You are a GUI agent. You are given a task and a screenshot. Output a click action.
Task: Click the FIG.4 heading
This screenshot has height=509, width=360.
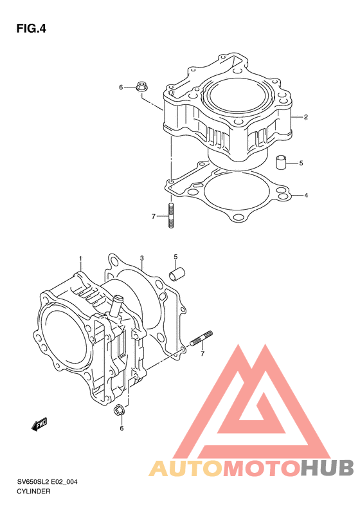pyautogui.click(x=31, y=29)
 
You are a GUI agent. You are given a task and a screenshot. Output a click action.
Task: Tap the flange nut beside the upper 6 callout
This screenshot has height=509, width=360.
pyautogui.click(x=141, y=86)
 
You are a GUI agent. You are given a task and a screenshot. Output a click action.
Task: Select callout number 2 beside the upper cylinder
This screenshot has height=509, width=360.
pyautogui.click(x=305, y=117)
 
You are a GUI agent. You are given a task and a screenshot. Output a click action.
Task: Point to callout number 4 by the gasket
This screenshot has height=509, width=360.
pyautogui.click(x=306, y=196)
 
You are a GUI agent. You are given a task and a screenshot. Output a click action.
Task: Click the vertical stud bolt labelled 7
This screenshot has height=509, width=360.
pyautogui.click(x=171, y=215)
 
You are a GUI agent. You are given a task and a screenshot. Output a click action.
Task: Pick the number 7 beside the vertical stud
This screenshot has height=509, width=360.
pyautogui.click(x=154, y=216)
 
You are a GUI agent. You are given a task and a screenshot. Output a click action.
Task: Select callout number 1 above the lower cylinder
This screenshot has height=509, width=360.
pyautogui.click(x=80, y=259)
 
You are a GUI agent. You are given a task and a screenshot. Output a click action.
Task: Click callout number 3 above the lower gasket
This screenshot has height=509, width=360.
pyautogui.click(x=141, y=258)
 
